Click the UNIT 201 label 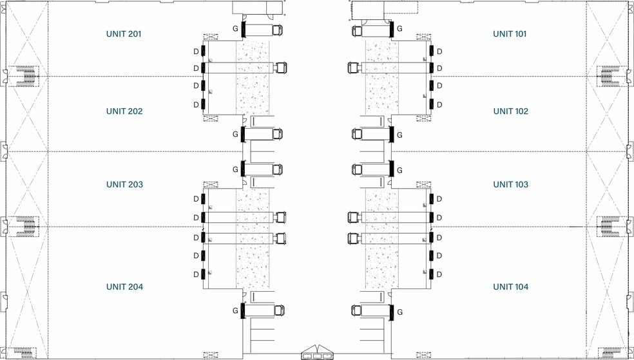pyautogui.click(x=124, y=33)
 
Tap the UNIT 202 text pyautogui.click(x=124, y=111)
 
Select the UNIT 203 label pyautogui.click(x=124, y=184)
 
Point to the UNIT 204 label pyautogui.click(x=124, y=287)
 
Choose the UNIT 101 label pyautogui.click(x=510, y=33)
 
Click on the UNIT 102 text pyautogui.click(x=510, y=111)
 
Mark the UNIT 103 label pyautogui.click(x=510, y=184)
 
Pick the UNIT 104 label pyautogui.click(x=510, y=287)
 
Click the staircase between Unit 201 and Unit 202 pyautogui.click(x=27, y=76)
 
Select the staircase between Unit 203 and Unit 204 pyautogui.click(x=27, y=226)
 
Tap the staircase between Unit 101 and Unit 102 pyautogui.click(x=607, y=76)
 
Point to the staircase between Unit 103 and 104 pyautogui.click(x=607, y=226)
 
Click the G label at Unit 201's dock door pyautogui.click(x=235, y=29)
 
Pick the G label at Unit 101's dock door pyautogui.click(x=399, y=29)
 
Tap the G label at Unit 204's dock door pyautogui.click(x=235, y=310)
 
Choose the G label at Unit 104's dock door pyautogui.click(x=399, y=312)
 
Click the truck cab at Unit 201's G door pyautogui.click(x=278, y=30)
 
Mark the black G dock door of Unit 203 pyautogui.click(x=243, y=169)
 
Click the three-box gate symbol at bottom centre pyautogui.click(x=317, y=353)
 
